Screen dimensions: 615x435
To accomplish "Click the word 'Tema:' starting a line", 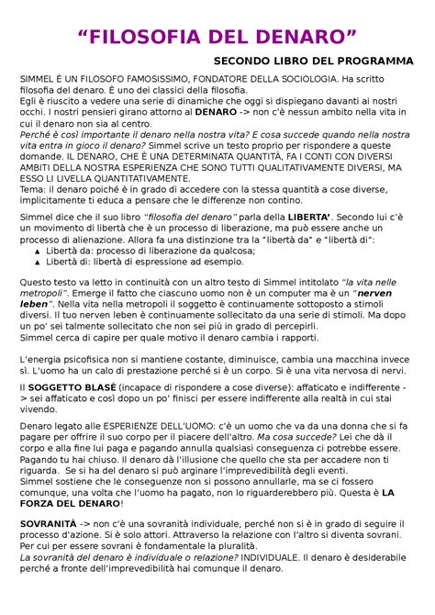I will [x=34, y=189].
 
